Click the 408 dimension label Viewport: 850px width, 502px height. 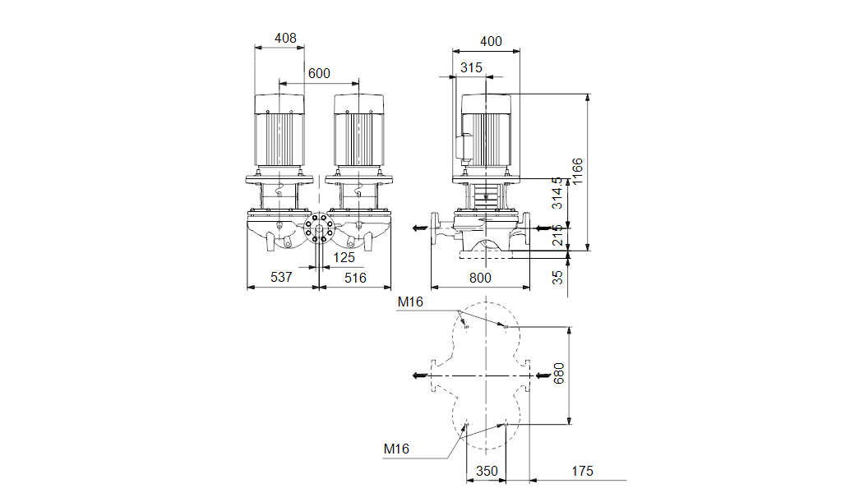coord(285,38)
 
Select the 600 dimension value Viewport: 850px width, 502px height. coord(319,73)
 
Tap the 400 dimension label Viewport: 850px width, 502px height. coord(491,41)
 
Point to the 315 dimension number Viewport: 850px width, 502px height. coord(471,67)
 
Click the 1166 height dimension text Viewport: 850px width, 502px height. coord(577,172)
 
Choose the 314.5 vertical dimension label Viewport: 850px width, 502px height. coord(557,193)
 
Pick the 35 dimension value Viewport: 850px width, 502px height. coord(557,277)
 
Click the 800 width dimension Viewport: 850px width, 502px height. coord(480,278)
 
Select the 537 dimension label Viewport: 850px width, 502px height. coord(281,277)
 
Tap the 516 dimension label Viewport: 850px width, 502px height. coord(356,278)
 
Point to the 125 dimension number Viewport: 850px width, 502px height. coord(344,257)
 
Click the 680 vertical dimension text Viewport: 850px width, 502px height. coord(558,374)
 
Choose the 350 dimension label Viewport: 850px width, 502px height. coord(487,471)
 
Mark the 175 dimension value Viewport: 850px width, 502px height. coord(582,471)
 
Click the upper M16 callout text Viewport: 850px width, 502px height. coord(410,302)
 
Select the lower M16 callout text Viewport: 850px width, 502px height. coord(396,449)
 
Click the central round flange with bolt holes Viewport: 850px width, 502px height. coord(319,228)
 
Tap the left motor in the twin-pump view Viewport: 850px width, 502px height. coord(279,130)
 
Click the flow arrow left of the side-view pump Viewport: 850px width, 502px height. coord(419,228)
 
